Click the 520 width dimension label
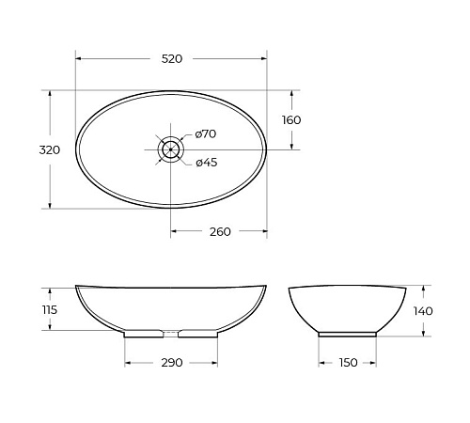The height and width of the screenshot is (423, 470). [172, 59]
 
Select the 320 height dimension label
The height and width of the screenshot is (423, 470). [50, 150]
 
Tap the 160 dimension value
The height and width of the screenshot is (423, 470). [291, 120]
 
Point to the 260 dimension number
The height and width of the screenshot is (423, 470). [220, 232]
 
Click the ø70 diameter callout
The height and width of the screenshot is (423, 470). [206, 134]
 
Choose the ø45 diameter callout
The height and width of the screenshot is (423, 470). [207, 163]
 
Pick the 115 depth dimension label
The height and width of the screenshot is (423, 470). [50, 310]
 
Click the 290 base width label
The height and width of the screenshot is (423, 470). [172, 363]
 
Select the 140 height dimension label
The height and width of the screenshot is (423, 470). [423, 311]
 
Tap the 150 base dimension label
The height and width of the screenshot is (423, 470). [348, 363]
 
